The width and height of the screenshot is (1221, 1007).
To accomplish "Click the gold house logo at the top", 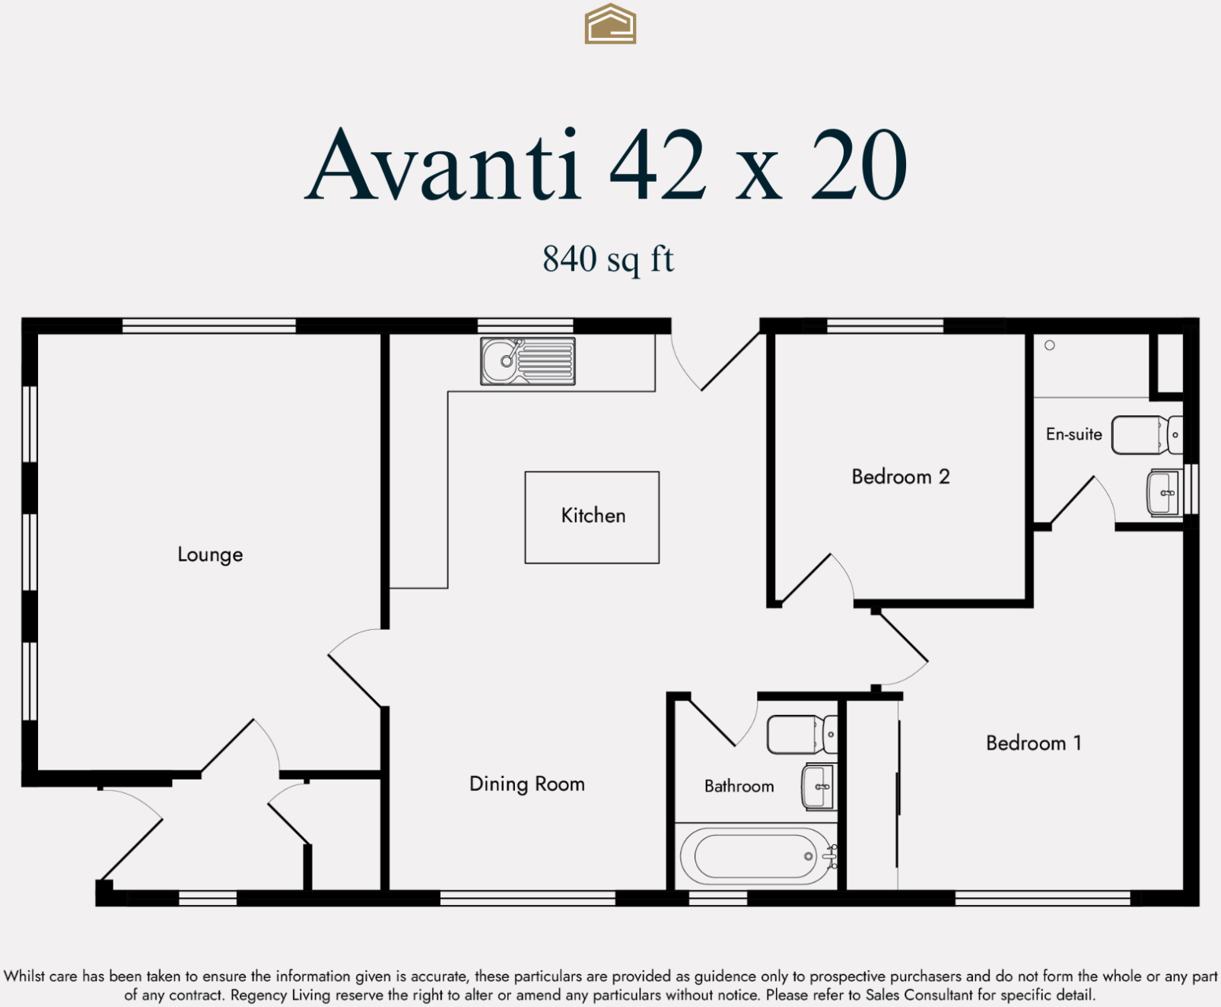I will [610, 24].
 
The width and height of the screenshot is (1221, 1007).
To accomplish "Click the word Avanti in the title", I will [444, 165].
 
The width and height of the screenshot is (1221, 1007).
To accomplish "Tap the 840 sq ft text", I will [608, 259].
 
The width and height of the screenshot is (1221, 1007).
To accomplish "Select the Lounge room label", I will [210, 554].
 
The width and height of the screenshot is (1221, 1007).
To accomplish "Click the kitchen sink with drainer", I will [527, 361].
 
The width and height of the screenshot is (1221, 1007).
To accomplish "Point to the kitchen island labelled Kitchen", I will [592, 516].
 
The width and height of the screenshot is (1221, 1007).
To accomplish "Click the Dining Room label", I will [526, 784].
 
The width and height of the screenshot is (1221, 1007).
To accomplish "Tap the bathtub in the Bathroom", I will [755, 856].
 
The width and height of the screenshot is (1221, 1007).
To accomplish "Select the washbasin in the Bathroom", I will [819, 786].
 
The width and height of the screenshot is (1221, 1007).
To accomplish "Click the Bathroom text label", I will [739, 786].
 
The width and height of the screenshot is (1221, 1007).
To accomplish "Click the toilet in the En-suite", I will [1146, 435].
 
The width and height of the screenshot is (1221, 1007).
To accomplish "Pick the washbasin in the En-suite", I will [1163, 493].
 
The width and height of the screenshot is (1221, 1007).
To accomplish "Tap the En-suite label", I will [1073, 434].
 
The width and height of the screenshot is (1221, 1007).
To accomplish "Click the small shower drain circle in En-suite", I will [1049, 345].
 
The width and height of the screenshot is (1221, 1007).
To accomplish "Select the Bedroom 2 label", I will [900, 477].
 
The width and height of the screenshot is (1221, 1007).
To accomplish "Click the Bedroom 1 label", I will [1033, 743].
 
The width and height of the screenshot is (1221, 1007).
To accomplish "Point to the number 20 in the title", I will [859, 165].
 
